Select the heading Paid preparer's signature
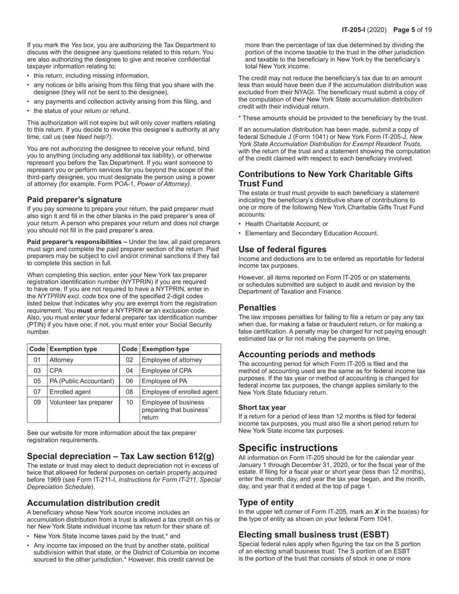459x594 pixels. pos(74,199)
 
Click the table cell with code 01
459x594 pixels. pos(37,360)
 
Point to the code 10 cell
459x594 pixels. pos(129,402)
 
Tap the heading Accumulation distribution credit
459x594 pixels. pos(93,503)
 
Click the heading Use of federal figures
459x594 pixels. pos(282,249)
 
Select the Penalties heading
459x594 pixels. pos(258,308)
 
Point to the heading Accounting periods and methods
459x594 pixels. pos(307,354)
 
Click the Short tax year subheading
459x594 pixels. pos(262,407)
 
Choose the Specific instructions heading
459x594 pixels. pos(288,447)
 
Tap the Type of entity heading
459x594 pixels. pos(266,502)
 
